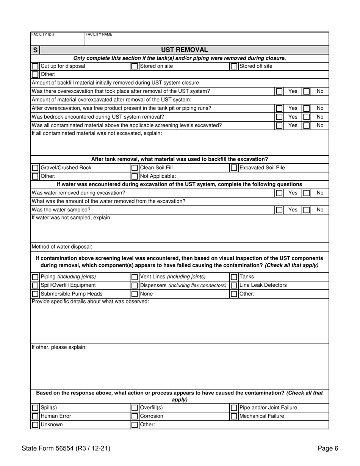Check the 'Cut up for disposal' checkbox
(35, 66)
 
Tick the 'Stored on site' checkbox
(135, 66)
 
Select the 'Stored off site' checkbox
(234, 66)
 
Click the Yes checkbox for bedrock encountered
(279, 117)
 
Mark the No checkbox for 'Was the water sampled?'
(306, 210)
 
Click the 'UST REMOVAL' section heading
(184, 50)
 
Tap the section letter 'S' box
(35, 50)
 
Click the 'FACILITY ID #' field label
(43, 34)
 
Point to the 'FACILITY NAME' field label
(99, 34)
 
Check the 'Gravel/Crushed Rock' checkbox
(35, 168)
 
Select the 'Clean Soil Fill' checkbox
(135, 168)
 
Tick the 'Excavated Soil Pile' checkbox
(234, 168)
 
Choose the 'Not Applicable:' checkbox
(135, 176)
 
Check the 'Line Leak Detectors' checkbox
(234, 285)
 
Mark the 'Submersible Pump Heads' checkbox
(35, 294)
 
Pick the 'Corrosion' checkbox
(135, 416)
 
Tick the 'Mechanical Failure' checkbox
(234, 416)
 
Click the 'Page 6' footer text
(328, 449)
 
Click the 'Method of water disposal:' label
(62, 247)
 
